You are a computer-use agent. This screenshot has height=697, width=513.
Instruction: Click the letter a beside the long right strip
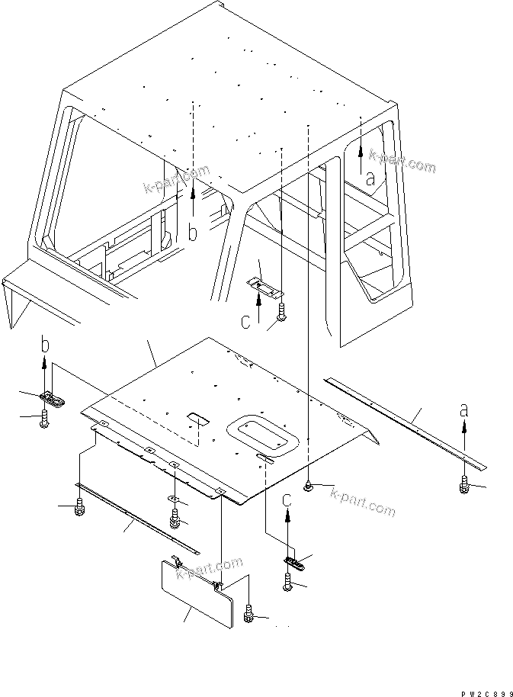(463, 410)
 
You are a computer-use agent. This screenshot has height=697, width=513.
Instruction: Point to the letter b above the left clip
(45, 345)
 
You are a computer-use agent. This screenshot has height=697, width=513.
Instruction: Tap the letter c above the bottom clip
(287, 501)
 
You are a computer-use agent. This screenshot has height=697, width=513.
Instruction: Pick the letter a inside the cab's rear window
(370, 180)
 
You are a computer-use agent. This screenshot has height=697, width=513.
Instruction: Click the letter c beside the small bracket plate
(245, 323)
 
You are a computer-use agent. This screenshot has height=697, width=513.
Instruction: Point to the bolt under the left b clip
(46, 417)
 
